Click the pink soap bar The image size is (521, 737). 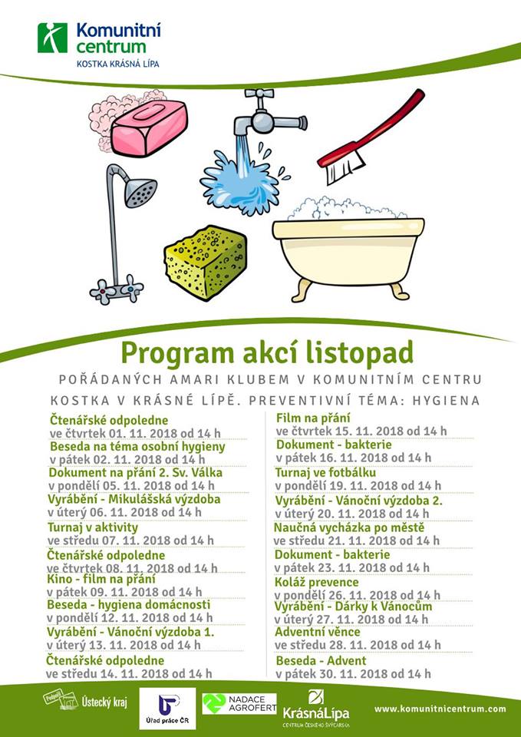point(150,125)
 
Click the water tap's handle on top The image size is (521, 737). point(259,97)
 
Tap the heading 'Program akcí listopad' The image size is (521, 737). point(267,352)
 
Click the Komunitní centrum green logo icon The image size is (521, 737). point(52,38)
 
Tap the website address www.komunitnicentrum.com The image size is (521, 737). point(440,709)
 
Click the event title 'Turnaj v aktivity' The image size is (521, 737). point(93,527)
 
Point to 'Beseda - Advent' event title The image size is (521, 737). point(321,660)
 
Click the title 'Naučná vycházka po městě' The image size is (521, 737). point(349,527)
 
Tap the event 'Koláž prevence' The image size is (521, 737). point(317,582)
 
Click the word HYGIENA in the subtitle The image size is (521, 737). point(444,400)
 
